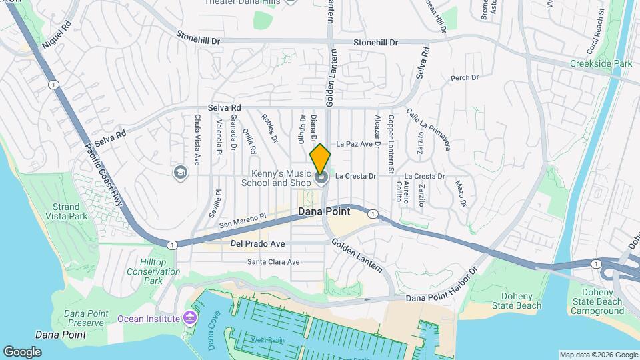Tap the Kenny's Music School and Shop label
276,178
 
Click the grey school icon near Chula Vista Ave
180,173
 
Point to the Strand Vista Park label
67,212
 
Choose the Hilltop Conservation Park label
153,271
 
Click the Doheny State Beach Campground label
597,301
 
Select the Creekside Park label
601,63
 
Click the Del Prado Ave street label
257,244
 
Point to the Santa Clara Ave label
273,262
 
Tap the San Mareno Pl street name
243,221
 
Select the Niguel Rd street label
55,37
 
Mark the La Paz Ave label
353,143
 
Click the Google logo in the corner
22,351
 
